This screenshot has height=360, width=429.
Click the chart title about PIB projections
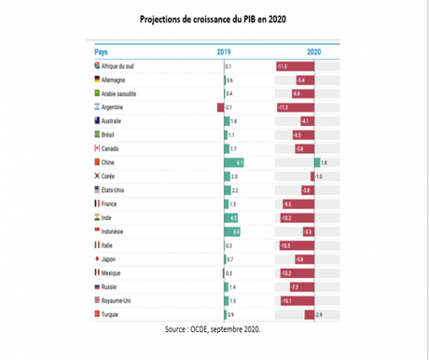coord(214,19)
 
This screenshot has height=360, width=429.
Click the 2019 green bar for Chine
coord(234,162)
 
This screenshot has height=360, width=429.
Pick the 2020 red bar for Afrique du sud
coord(295,68)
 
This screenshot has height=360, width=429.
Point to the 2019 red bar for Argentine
coord(220,108)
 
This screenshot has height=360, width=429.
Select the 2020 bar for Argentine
coord(295,108)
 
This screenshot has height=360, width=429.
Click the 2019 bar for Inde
coord(231,216)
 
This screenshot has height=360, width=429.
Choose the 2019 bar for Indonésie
coord(233,230)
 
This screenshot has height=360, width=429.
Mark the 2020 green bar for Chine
coord(317,162)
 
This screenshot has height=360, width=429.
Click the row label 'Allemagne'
coord(116,81)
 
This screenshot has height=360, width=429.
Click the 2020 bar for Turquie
coord(310,314)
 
